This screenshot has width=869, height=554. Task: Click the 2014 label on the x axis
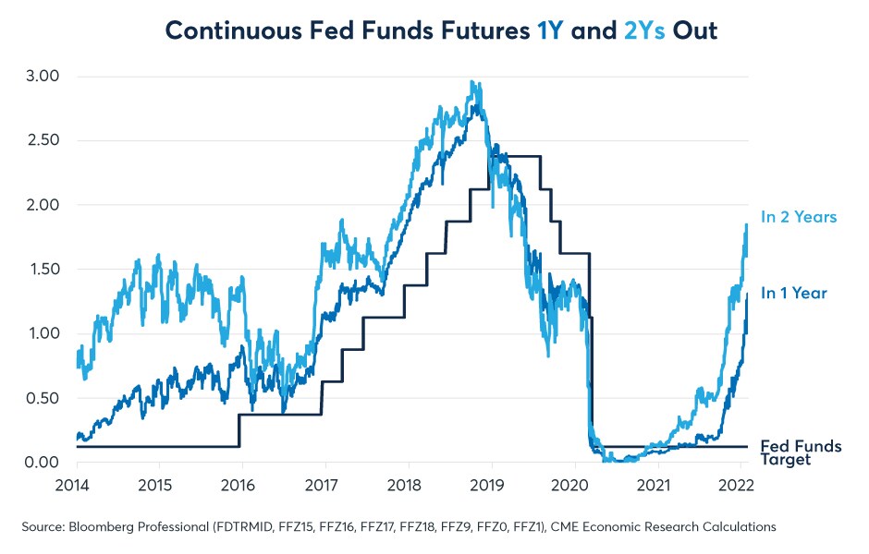click(x=73, y=484)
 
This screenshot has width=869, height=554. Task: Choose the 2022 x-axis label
click(x=739, y=484)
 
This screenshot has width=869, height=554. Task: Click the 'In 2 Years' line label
click(x=798, y=217)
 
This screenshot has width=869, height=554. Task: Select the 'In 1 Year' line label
click(x=793, y=293)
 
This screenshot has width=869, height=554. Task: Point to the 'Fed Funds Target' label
click(x=801, y=452)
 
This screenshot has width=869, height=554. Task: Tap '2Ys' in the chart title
click(x=643, y=30)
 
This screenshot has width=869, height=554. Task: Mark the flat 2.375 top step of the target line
click(x=518, y=157)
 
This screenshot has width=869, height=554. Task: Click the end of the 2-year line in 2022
click(x=746, y=224)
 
